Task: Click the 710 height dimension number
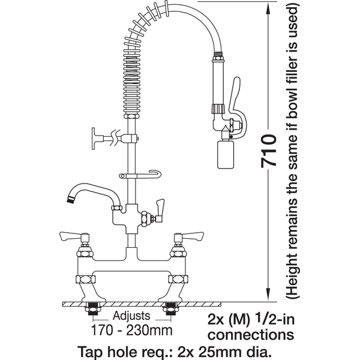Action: [x=269, y=151]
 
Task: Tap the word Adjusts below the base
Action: [x=131, y=316]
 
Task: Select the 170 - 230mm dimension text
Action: [x=131, y=331]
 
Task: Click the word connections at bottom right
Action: [x=251, y=335]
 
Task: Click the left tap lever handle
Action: [x=69, y=236]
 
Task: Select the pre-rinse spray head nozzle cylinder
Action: [x=226, y=154]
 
